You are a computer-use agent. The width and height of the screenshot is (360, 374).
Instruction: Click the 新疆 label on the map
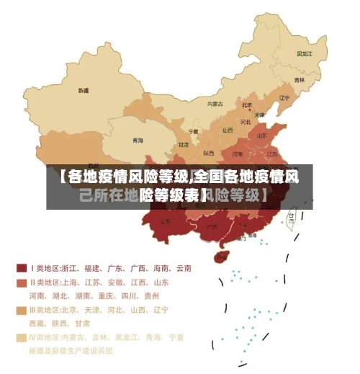coord(84,91)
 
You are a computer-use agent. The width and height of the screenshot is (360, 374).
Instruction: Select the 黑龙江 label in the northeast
coord(305,53)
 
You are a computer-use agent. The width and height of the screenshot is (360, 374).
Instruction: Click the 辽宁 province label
coord(284,97)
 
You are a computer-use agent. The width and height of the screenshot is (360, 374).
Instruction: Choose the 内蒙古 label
coord(215,104)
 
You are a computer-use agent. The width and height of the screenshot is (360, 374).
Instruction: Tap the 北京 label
coord(247,104)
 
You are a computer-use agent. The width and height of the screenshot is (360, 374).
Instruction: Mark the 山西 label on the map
coord(228,130)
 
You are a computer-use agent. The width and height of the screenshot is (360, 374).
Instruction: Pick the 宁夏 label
coord(193,132)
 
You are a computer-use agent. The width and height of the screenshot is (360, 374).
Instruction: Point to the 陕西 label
coord(208,153)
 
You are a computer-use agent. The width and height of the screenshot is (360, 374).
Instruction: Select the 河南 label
coord(238,153)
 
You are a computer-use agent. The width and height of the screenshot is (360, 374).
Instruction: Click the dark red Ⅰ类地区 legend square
coord(22,267)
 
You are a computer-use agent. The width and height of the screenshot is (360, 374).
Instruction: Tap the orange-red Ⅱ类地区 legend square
coord(22,282)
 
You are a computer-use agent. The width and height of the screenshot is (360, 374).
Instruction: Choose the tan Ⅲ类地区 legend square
coord(22,310)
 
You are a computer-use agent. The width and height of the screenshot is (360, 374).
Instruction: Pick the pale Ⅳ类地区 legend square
coord(22,337)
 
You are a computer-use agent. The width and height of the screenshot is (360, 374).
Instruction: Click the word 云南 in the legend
coord(183,268)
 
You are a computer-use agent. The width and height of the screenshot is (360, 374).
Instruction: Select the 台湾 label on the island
coord(291,215)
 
